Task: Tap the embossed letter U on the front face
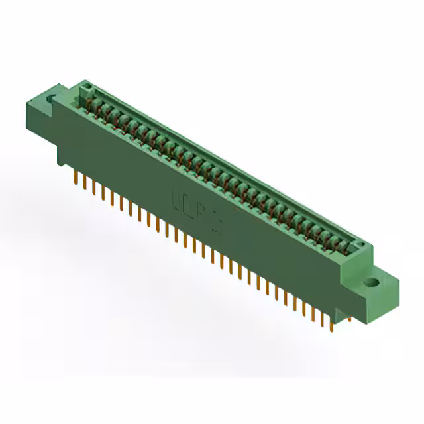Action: click(x=176, y=199)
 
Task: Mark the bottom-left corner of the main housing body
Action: click(x=61, y=164)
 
